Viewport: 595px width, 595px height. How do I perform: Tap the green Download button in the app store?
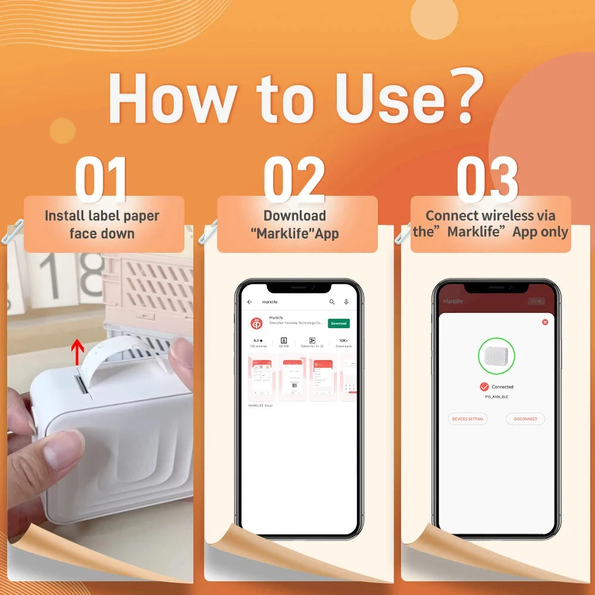(x=339, y=323)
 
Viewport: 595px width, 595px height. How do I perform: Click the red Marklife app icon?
(x=256, y=323)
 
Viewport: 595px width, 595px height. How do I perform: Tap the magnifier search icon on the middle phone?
(x=332, y=302)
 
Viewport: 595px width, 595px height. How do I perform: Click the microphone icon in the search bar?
(x=346, y=302)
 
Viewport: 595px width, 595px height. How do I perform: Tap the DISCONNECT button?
(x=525, y=419)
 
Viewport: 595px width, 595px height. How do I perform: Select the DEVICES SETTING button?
(x=468, y=419)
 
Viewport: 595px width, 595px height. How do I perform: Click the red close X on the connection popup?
(x=545, y=322)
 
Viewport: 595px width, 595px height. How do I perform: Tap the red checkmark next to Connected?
(x=484, y=387)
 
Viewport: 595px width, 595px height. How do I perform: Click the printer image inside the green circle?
(x=496, y=356)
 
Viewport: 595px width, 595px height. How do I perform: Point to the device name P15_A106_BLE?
(x=496, y=396)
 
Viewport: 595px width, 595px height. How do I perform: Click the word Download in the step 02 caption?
(x=295, y=215)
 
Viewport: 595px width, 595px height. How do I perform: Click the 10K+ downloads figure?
(x=343, y=341)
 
